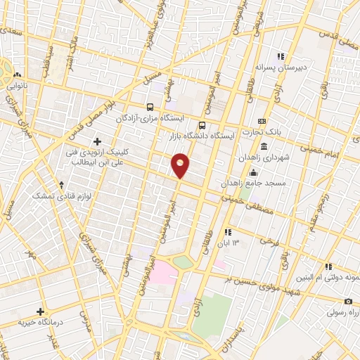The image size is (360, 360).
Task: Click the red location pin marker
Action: pos(181,165)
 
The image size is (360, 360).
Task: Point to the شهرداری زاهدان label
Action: pos(264,157)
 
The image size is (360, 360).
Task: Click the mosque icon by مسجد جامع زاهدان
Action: pos(253,173)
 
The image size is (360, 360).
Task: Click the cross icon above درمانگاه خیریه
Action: pos(41,311)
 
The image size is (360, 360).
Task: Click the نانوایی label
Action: pos(17,86)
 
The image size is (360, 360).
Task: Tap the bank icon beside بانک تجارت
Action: pos(262,121)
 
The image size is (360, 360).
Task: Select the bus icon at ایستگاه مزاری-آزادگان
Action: pos(150,108)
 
